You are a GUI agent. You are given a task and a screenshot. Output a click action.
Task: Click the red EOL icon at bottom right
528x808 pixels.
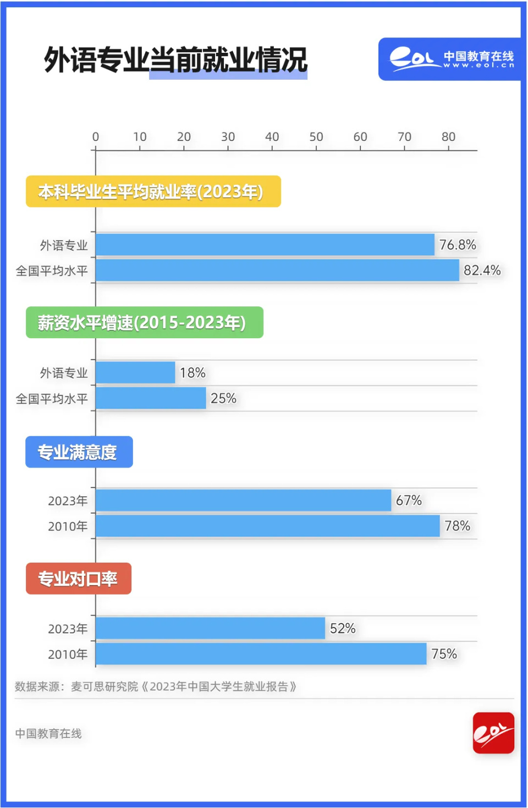click(493, 733)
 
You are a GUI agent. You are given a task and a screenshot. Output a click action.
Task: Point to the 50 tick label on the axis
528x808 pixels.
click(316, 137)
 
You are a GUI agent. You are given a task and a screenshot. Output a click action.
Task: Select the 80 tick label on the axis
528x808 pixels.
click(448, 137)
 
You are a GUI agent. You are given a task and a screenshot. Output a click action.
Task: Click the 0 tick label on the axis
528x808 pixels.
click(96, 137)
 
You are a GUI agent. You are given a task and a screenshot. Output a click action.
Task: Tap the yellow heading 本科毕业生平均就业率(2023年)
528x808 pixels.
click(153, 191)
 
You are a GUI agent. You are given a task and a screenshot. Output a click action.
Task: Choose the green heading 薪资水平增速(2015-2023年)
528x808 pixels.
click(144, 322)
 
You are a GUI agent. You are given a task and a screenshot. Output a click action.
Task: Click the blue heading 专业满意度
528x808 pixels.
click(79, 452)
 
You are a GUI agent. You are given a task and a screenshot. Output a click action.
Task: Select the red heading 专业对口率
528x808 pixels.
click(78, 579)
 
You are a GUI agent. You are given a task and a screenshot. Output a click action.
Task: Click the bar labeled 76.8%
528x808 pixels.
click(265, 245)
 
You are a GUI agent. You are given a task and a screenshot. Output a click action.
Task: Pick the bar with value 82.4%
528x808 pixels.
click(277, 270)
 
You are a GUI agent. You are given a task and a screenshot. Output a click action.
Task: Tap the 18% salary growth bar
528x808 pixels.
click(135, 372)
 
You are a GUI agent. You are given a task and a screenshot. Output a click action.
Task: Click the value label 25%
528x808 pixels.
click(223, 398)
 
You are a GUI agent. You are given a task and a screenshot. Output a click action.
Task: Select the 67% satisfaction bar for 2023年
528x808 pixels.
click(243, 500)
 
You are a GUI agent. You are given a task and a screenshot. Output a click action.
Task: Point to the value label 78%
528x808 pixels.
click(457, 526)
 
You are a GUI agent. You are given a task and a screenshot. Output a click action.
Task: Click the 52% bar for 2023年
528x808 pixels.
click(210, 628)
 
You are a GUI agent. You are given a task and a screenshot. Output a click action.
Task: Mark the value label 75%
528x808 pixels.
click(444, 653)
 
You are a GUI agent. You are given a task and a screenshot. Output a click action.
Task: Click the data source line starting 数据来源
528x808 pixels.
click(155, 686)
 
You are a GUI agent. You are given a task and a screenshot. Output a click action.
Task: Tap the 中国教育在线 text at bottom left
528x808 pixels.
click(48, 733)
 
